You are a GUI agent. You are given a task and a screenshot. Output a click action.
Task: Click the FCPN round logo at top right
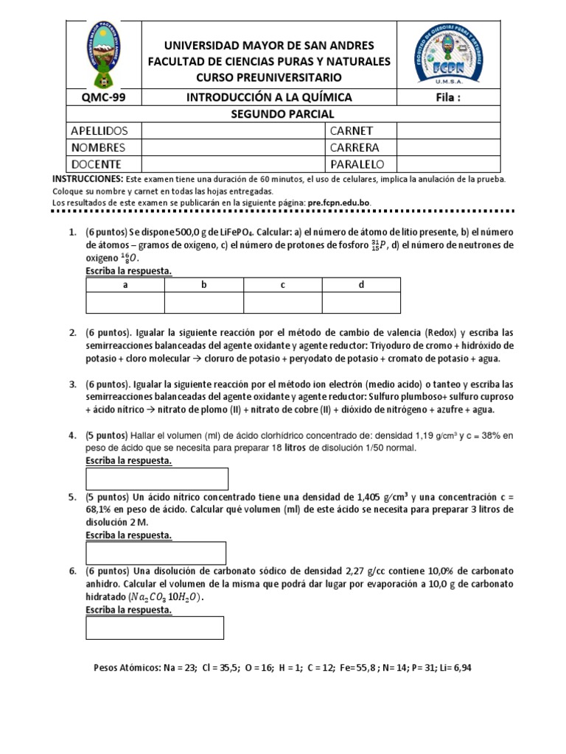click(x=448, y=54)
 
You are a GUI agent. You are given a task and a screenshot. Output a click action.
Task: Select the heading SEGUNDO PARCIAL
click(x=283, y=113)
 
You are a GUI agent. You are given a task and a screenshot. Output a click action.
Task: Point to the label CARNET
click(x=353, y=130)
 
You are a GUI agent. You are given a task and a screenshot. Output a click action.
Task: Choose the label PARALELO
click(x=357, y=163)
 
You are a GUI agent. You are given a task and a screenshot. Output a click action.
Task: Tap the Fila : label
click(x=448, y=97)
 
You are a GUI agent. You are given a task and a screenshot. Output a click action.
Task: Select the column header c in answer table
click(x=282, y=284)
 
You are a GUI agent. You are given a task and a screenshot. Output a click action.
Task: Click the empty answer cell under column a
click(x=125, y=302)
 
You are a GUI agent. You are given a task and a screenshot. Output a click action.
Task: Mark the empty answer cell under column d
click(x=361, y=302)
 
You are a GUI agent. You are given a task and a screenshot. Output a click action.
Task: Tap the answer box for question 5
click(x=156, y=552)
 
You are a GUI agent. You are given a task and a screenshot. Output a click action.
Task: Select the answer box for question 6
click(x=155, y=627)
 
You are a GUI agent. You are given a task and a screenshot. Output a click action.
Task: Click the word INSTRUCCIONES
click(x=77, y=179)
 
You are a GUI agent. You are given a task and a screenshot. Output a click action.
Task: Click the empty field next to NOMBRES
click(x=232, y=147)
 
